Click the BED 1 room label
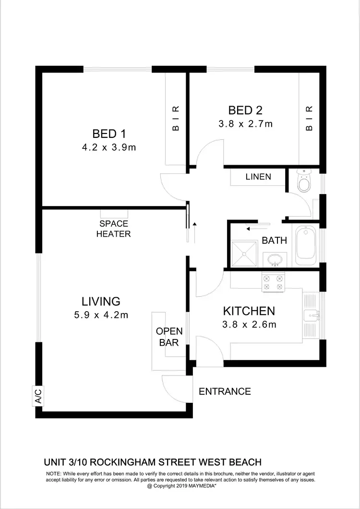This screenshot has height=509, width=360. click(109, 133)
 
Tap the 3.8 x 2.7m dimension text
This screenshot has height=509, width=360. click(245, 124)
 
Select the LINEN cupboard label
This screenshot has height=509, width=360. click(258, 177)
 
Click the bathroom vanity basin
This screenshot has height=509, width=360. click(274, 260)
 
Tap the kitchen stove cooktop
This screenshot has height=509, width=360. click(273, 282)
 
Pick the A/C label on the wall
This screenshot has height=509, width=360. click(38, 396)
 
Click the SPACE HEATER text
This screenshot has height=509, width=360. click(113, 229)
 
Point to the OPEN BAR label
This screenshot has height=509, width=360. click(169, 337)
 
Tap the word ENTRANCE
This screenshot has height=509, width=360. click(225, 391)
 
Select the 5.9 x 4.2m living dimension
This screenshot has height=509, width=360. click(101, 315)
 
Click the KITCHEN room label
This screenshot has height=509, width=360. click(249, 311)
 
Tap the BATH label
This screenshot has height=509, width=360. click(274, 240)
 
